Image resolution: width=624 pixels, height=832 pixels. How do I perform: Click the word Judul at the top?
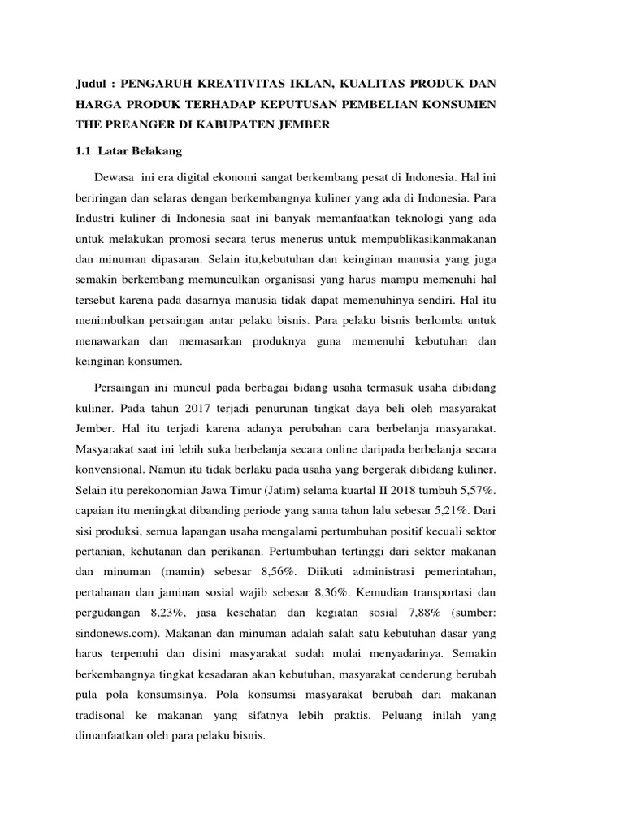tap(91, 84)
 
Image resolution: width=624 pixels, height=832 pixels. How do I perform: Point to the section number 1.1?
tap(84, 151)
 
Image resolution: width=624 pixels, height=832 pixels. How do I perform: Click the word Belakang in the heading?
tap(156, 151)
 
